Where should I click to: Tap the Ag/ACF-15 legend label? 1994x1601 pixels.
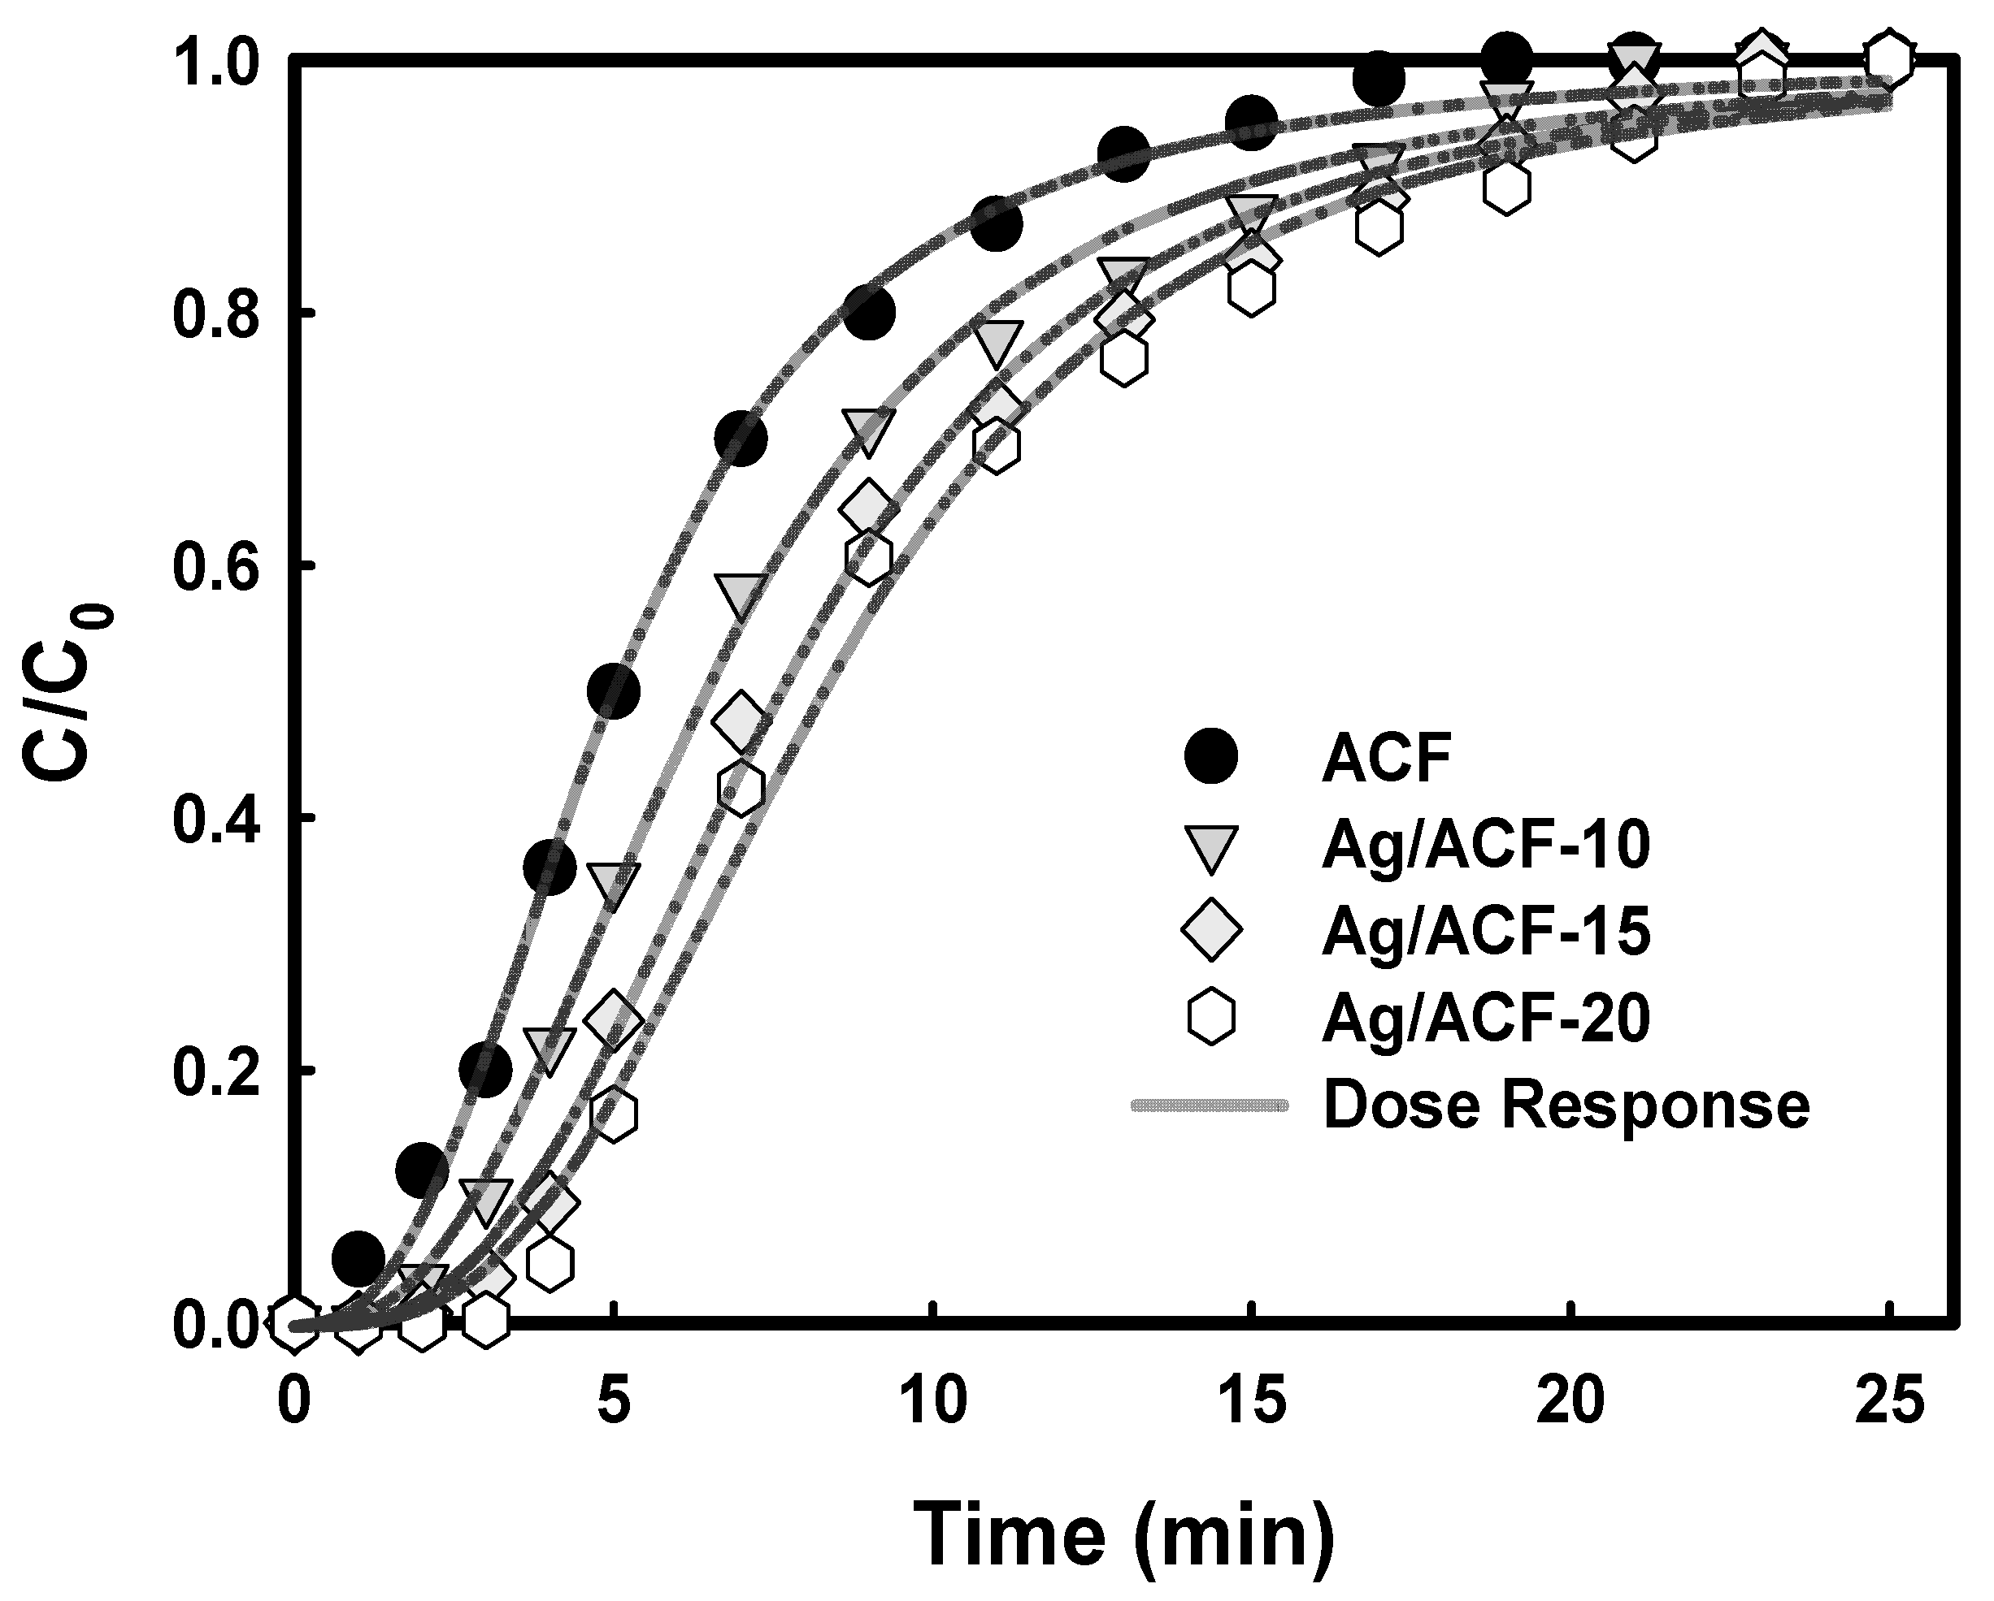[x=1485, y=932]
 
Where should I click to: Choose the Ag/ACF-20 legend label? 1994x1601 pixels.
[x=1485, y=1019]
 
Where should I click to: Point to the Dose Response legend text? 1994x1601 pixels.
[x=1565, y=1105]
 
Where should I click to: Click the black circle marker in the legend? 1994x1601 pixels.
[x=1210, y=757]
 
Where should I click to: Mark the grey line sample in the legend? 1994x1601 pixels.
[x=1209, y=1105]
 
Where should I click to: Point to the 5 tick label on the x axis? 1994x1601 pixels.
[x=612, y=1400]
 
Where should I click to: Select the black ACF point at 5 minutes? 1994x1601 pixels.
[x=613, y=691]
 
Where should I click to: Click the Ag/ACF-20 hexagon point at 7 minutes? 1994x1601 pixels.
[x=740, y=789]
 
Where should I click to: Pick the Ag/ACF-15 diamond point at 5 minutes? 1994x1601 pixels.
[x=613, y=1019]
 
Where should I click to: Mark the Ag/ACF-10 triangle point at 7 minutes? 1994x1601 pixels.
[x=740, y=594]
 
